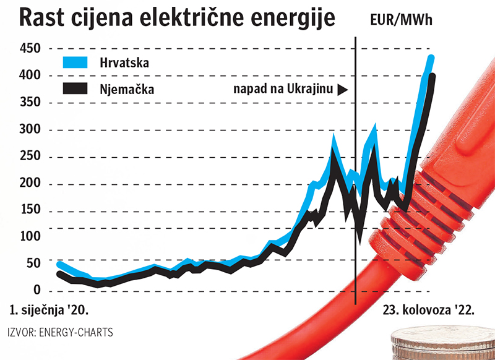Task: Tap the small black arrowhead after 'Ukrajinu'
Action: coord(343,89)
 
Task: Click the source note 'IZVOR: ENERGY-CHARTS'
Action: coord(61,332)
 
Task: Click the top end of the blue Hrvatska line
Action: coord(431,58)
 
